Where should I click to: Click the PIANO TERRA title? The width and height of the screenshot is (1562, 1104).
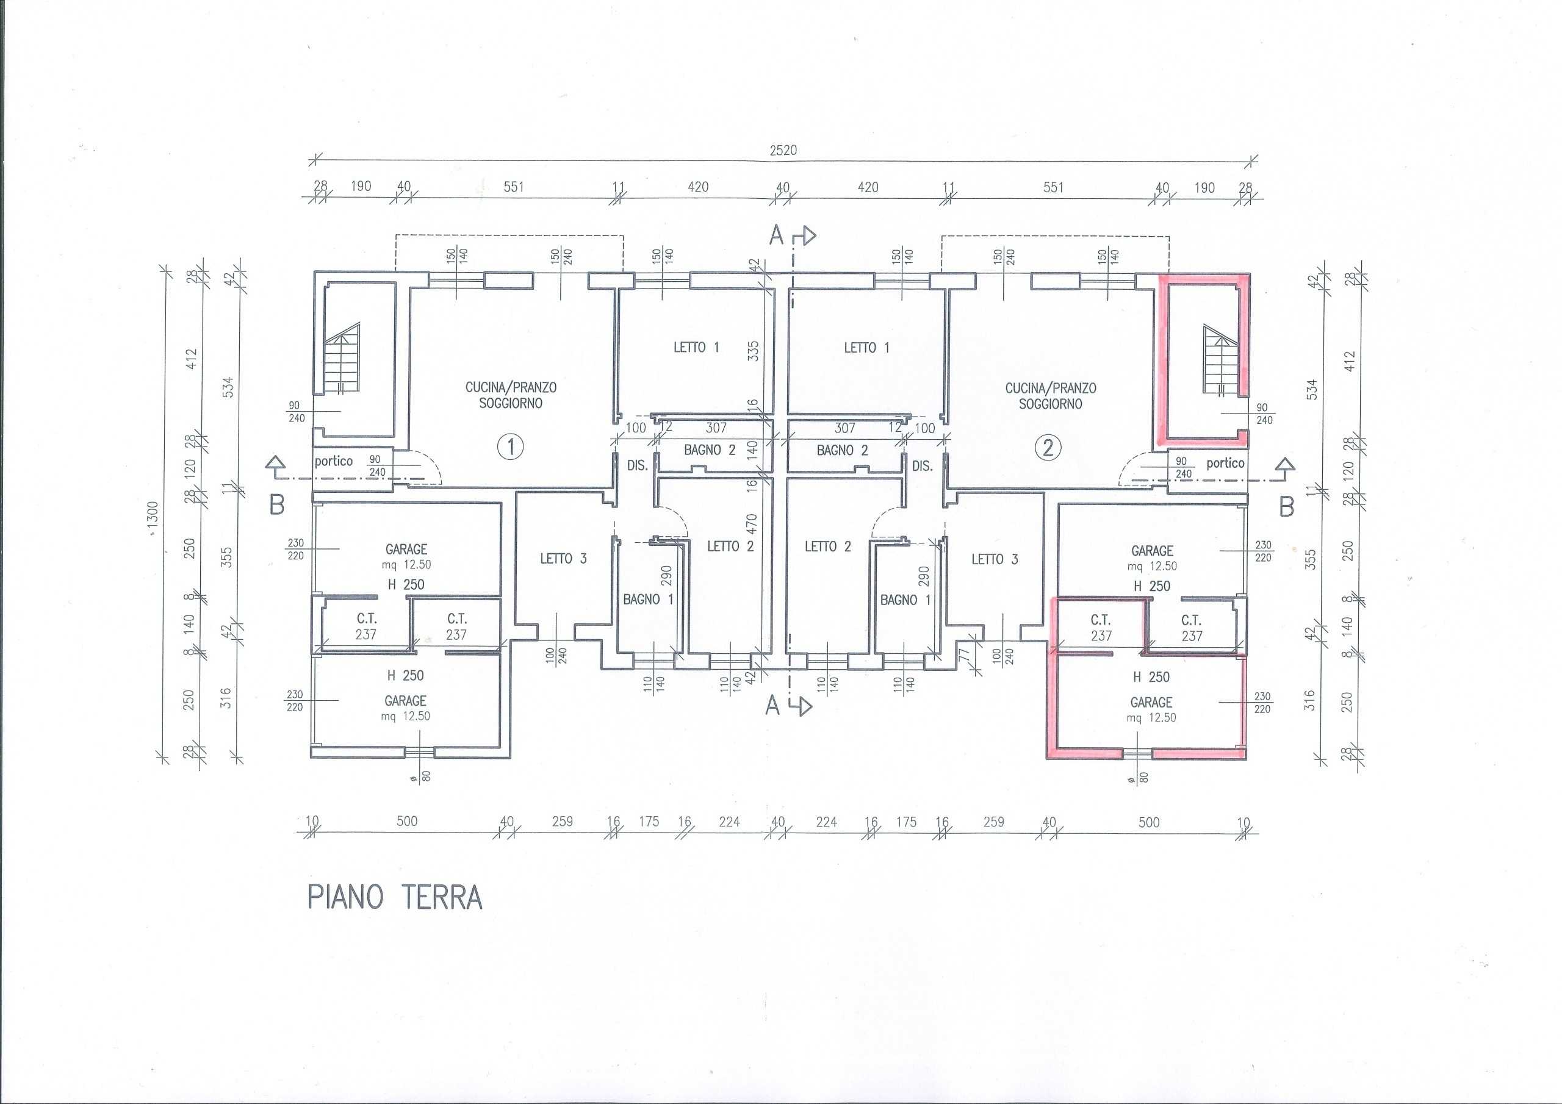coord(395,897)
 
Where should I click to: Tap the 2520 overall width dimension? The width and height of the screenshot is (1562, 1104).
coord(783,150)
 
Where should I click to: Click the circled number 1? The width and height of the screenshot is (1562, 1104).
coord(511,448)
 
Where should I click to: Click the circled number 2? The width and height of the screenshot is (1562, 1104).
coord(1048,448)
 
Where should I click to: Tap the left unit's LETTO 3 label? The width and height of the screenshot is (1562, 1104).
coord(563,559)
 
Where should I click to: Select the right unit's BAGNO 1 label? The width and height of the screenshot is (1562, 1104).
coord(905,600)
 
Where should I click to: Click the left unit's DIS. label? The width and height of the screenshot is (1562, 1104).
coord(638,466)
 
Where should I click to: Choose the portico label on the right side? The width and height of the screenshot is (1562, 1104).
coord(1225,463)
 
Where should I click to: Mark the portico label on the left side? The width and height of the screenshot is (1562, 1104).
coord(333,461)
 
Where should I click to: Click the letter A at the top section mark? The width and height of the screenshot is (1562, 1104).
coord(776,235)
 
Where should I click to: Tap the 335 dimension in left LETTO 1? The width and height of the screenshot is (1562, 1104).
coord(753,351)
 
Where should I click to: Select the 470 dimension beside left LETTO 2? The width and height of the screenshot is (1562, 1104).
coord(751,524)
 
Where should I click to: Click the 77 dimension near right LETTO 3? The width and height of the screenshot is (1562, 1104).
coord(963,656)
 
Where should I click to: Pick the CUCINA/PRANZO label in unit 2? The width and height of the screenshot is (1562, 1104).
coord(1051,389)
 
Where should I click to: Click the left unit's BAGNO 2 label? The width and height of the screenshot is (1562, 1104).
coord(710,450)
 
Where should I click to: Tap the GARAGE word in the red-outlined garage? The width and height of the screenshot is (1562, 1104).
coord(1151,702)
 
